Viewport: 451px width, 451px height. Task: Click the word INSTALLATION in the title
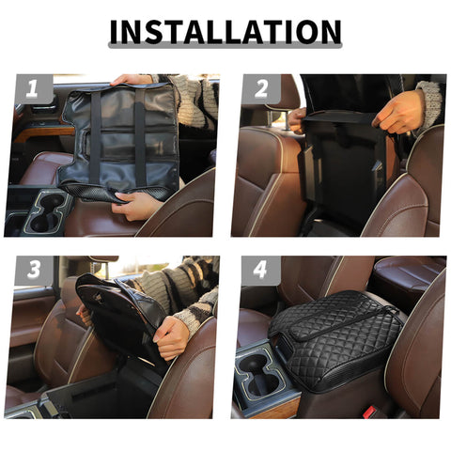point(225,33)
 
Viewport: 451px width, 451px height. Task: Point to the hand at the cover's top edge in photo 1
point(132,80)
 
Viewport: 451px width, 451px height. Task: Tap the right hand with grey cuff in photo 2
point(398,112)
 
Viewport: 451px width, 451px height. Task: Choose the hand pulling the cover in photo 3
point(170,336)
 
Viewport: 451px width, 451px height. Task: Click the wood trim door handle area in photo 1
point(42,132)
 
